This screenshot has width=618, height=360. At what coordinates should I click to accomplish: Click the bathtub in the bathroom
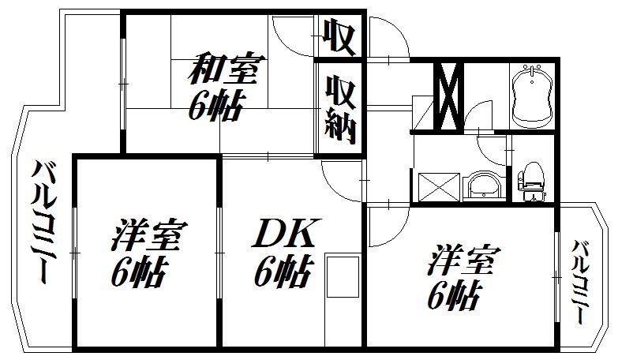[532, 96]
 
